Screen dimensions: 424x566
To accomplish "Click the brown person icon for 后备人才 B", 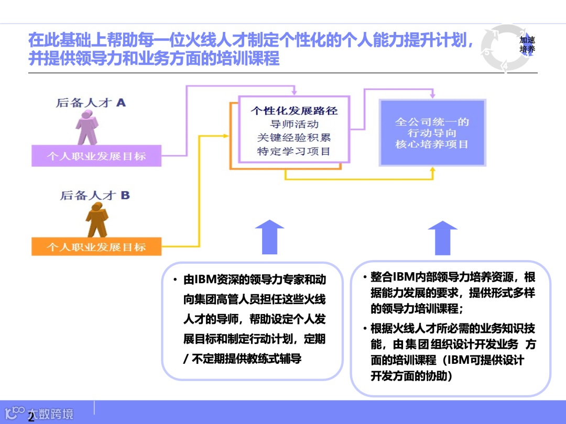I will point(98,220).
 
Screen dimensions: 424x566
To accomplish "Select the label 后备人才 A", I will point(91,103).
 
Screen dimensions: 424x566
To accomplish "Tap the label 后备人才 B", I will point(95,196).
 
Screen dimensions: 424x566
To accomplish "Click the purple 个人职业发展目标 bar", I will point(96,156).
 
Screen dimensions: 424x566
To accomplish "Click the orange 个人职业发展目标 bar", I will point(96,246).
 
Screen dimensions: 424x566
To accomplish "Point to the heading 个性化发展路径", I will point(294,110).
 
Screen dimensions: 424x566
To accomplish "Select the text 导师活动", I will point(294,124).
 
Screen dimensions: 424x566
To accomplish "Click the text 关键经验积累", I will point(294,138).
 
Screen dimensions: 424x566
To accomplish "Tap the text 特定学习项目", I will point(294,151).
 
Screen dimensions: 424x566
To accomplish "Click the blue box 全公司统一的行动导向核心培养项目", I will point(432,132).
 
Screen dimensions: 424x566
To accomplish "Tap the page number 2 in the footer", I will point(31,417).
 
